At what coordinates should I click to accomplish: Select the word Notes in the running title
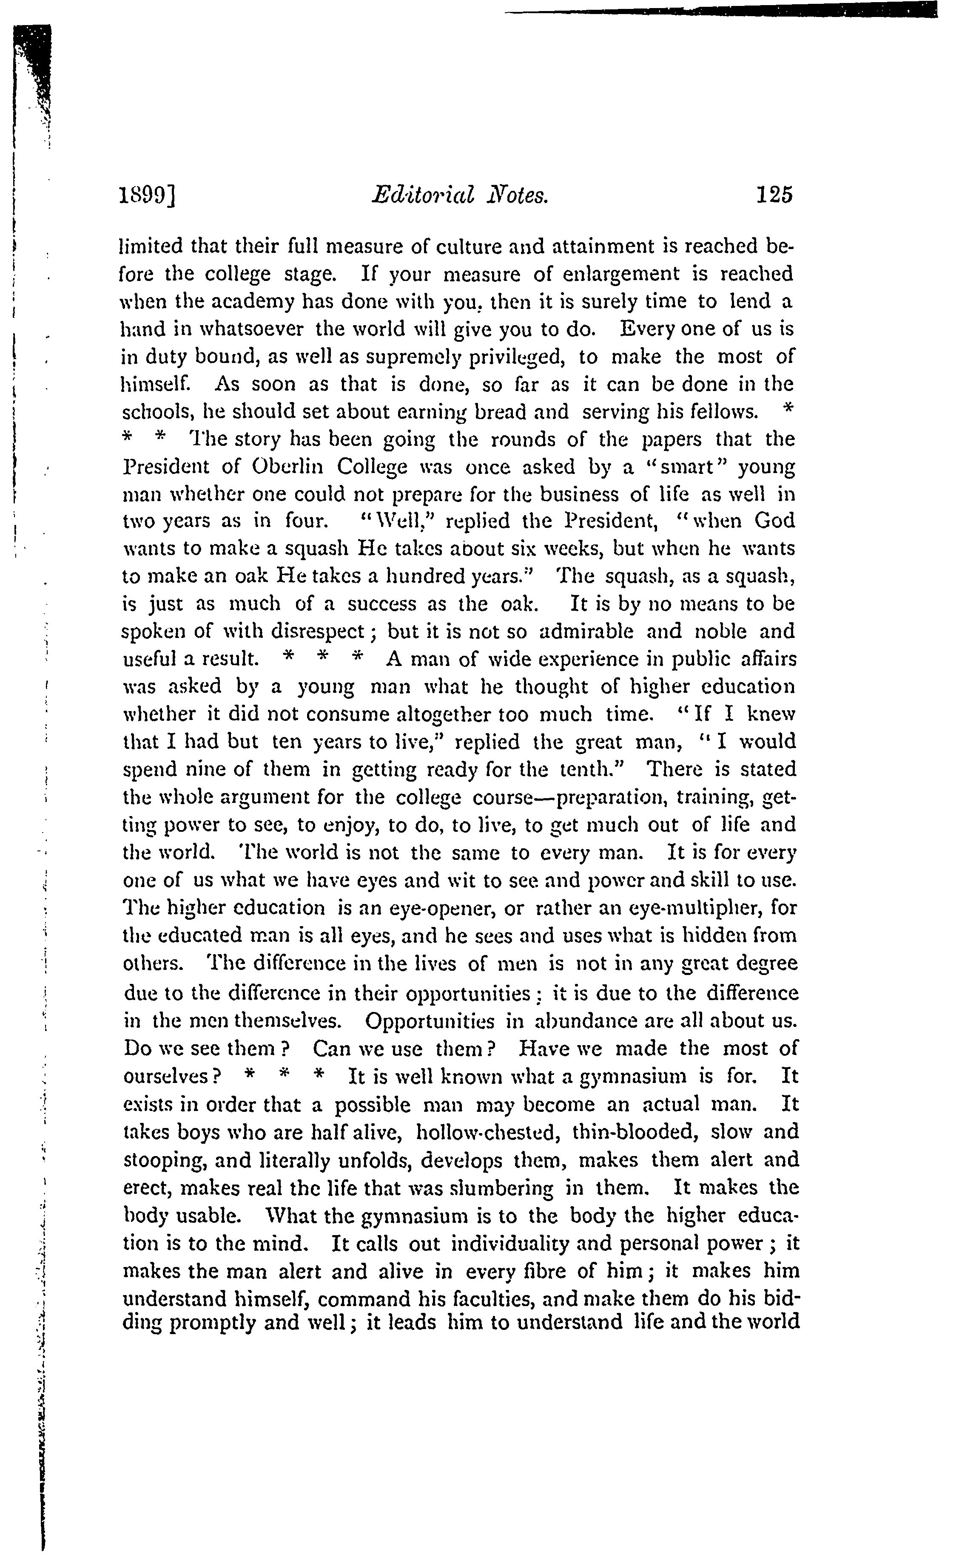[x=517, y=195]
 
